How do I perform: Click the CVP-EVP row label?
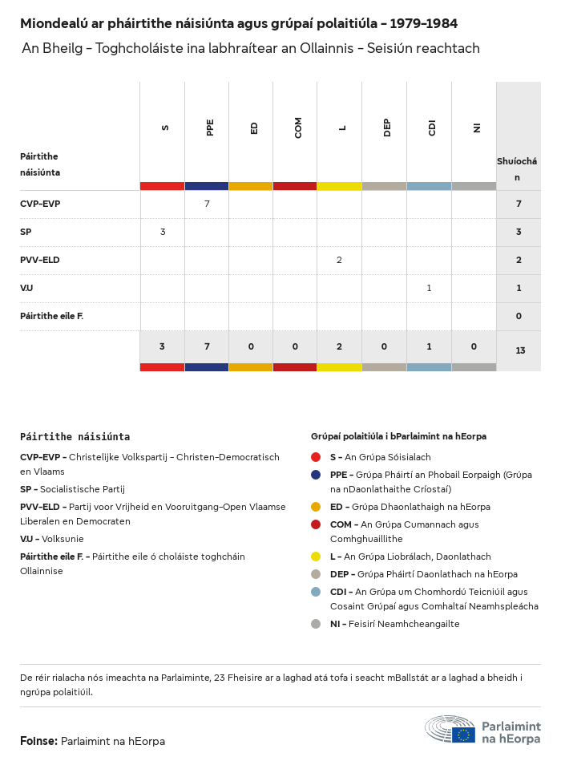point(40,204)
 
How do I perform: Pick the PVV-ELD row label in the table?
point(40,260)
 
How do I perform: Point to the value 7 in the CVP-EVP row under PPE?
point(207,204)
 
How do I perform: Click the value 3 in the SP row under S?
point(163,232)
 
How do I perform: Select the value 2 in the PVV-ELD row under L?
point(340,260)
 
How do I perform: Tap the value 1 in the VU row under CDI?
point(429,288)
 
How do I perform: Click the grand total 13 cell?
point(520,350)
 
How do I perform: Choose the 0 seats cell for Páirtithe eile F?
point(519,316)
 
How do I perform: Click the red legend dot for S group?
point(316,457)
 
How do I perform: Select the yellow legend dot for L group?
point(316,557)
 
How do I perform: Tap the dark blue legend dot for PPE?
point(316,475)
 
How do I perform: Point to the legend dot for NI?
point(316,624)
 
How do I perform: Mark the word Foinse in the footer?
point(38,741)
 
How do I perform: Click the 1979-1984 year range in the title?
point(424,23)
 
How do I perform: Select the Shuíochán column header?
point(517,168)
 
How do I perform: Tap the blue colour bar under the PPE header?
point(207,186)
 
